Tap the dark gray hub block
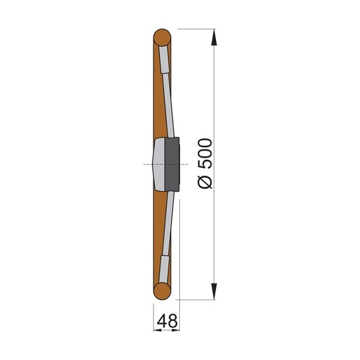coord(172,163)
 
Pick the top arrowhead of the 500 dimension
coord(215,36)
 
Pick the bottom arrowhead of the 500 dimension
coord(215,292)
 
